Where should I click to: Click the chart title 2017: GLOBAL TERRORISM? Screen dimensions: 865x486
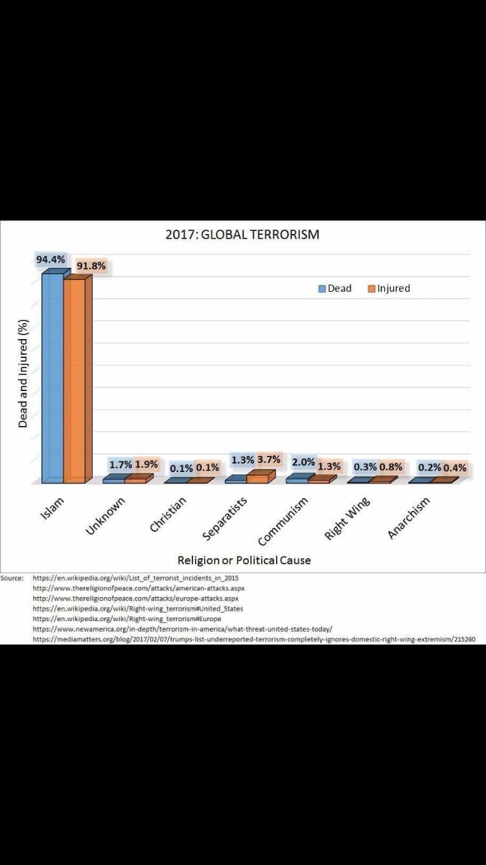[242, 234]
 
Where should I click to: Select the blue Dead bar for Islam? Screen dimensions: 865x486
[52, 376]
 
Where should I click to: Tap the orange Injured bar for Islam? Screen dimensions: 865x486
[74, 379]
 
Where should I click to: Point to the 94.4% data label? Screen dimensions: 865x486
[51, 259]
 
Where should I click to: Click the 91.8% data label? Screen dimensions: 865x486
[91, 266]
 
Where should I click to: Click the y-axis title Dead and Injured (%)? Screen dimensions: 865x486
[23, 373]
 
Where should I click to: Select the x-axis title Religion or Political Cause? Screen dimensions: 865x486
[244, 560]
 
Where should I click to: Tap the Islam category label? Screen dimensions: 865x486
[55, 510]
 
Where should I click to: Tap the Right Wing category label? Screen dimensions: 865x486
[347, 518]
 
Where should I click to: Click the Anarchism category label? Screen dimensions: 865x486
[408, 518]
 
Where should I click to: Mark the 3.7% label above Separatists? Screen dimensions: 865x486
[268, 460]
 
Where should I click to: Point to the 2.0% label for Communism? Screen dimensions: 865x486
[303, 463]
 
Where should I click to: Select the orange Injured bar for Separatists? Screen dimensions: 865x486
[257, 478]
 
